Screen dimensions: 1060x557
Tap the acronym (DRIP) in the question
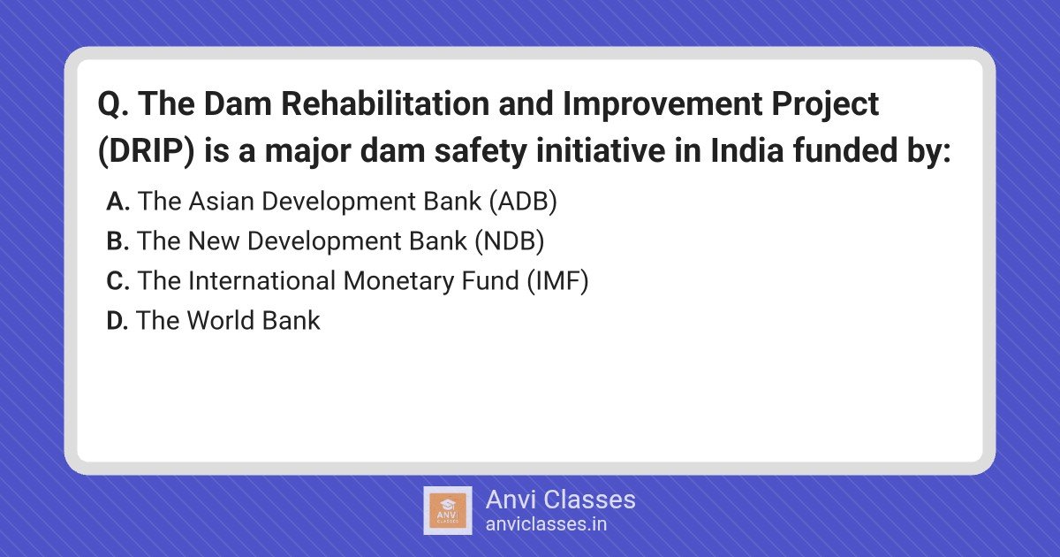pos(147,151)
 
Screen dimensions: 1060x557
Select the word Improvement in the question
pos(662,104)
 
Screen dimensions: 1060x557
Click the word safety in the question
pos(481,151)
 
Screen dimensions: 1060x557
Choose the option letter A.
pos(117,202)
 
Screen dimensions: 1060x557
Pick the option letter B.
pos(117,241)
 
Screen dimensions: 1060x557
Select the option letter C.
pos(117,281)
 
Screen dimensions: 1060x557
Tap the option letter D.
pos(117,321)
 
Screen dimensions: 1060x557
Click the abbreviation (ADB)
pos(523,202)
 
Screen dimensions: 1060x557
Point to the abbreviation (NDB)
pos(510,241)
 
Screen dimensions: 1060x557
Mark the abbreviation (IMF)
pos(558,281)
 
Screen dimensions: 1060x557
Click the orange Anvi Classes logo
pos(448,511)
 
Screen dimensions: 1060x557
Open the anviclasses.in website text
pos(546,524)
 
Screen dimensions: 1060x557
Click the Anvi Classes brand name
pos(560,500)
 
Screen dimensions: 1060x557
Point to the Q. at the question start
pos(113,104)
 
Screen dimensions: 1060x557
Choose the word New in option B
pos(214,241)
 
